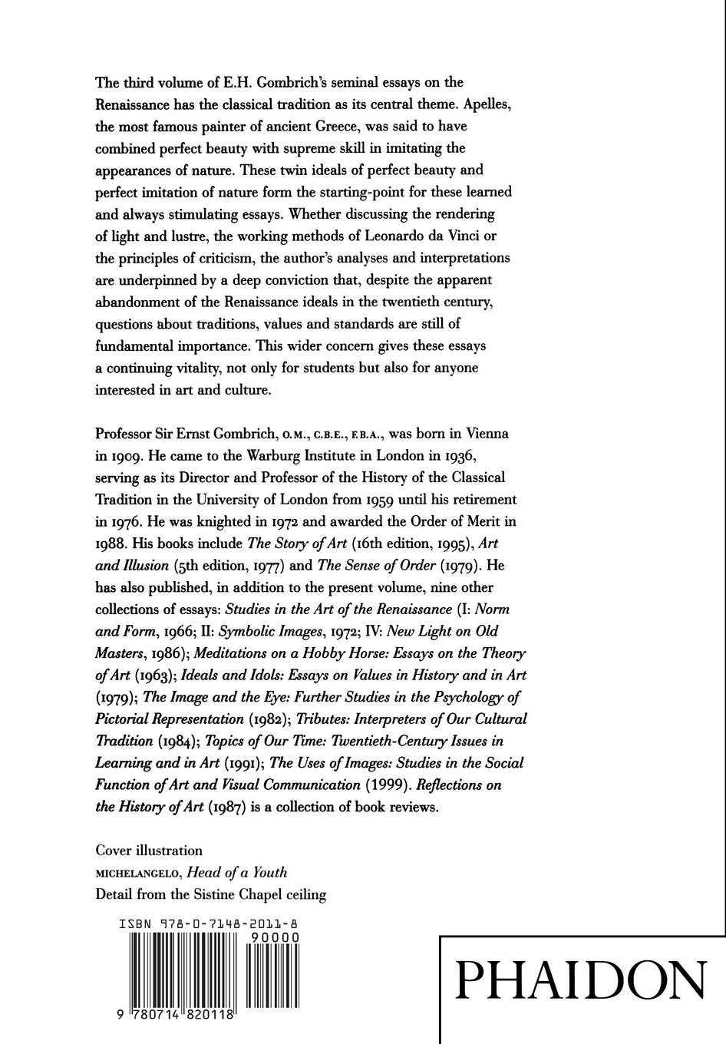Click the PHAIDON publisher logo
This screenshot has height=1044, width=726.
coord(581,980)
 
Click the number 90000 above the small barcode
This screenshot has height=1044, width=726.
coord(273,938)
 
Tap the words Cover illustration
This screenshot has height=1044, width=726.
coord(149,851)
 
